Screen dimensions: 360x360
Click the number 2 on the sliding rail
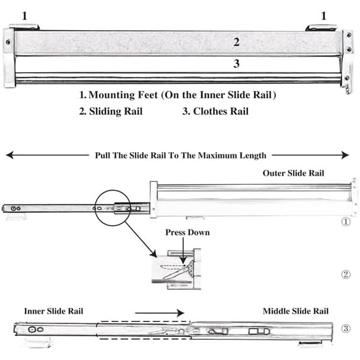coord(236,41)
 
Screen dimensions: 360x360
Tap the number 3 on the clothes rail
coord(236,64)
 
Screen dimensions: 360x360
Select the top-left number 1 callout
coord(24,16)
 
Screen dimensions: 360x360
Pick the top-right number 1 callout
coord(323,16)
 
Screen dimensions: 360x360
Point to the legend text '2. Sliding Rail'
coord(111,111)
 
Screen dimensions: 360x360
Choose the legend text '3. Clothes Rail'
coord(215,111)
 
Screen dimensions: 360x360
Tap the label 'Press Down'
coord(187,232)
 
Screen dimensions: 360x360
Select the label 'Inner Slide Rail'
coord(53,311)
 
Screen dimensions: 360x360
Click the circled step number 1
coord(346,223)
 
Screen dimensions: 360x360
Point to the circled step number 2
coord(346,274)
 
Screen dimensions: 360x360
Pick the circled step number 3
coord(346,329)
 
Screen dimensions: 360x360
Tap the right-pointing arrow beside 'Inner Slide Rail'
coord(160,312)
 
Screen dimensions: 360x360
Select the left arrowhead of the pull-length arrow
coord(9,155)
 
